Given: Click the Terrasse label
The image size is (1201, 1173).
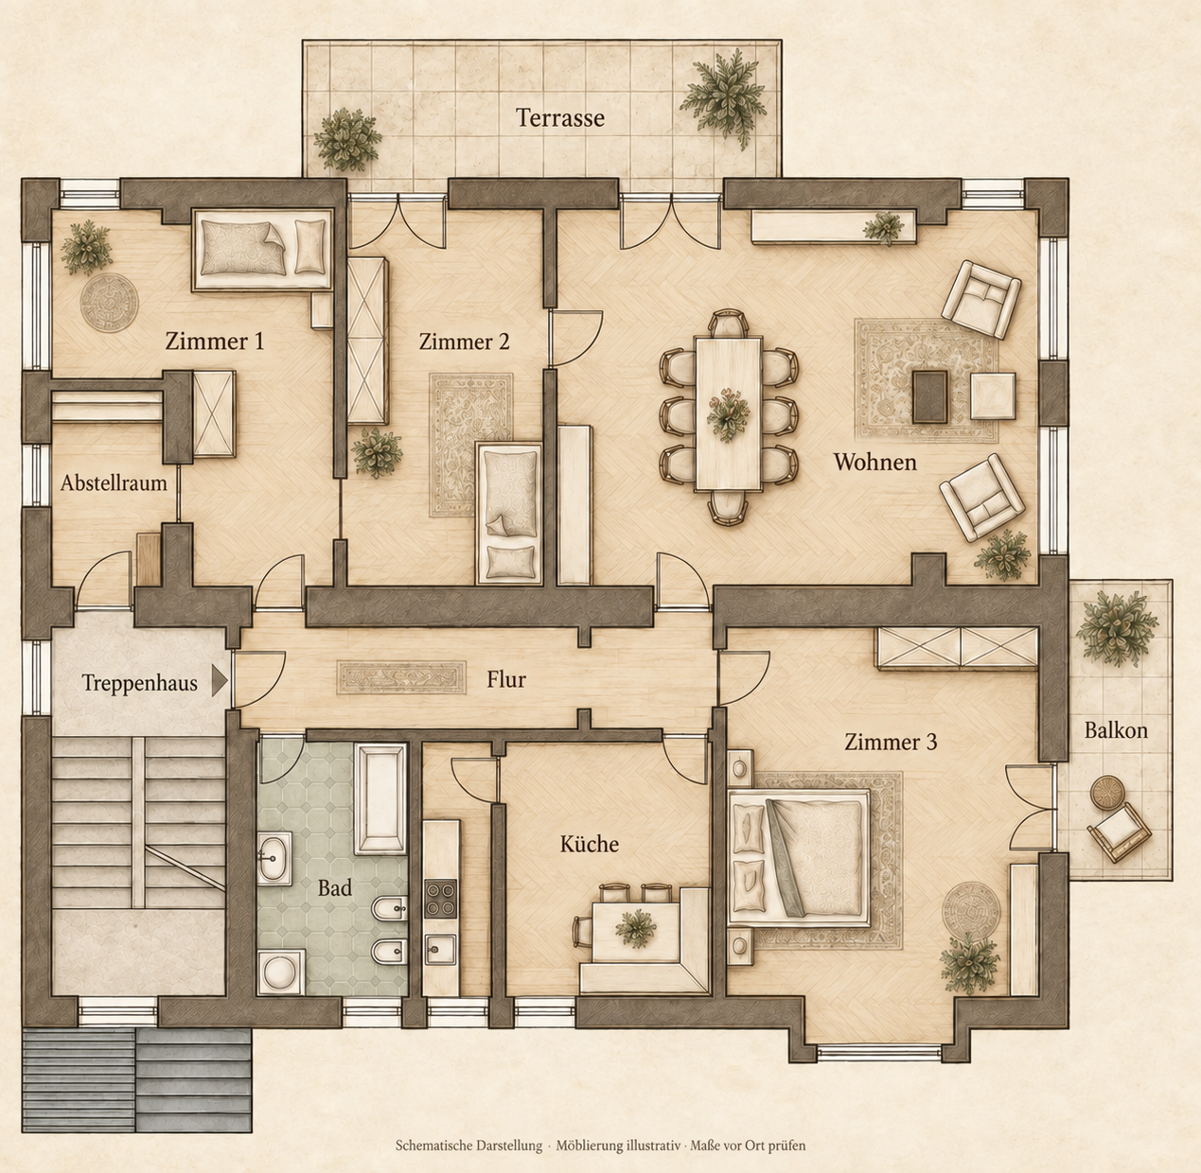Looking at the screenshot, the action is pos(559,117).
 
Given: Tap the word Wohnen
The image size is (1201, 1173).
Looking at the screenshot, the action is pos(874,462).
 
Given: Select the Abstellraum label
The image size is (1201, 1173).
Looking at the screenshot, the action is pos(114,482).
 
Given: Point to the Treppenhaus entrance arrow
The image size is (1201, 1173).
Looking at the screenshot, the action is pos(220,681).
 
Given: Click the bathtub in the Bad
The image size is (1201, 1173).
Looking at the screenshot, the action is pos(380,798).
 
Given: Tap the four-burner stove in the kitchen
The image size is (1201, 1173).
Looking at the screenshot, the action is pos(441,900).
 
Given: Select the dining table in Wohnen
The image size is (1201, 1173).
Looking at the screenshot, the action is pos(728,413).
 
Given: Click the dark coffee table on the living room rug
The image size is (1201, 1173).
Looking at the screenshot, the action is pos(930,396).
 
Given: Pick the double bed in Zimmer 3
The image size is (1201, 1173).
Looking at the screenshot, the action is pos(800,859).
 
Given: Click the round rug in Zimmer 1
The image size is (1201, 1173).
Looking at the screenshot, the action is pos(109,303).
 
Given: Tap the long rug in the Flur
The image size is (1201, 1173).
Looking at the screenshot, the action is pos(401,677).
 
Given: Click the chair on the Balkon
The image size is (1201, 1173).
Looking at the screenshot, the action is pos(1120,832).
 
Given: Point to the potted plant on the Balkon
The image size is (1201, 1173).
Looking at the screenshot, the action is pos(1116,628).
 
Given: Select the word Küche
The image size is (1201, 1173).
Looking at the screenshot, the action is pos(590,844).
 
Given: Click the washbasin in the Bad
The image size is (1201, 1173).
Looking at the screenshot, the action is pos(274,858).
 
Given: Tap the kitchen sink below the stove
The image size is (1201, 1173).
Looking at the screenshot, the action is pos(441,949).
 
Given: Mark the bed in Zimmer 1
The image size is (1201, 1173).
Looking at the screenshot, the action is pos(263,250).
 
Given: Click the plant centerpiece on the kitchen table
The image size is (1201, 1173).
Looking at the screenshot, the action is pos(636,928).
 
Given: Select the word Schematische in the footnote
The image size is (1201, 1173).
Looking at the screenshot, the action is pos(433,1146).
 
